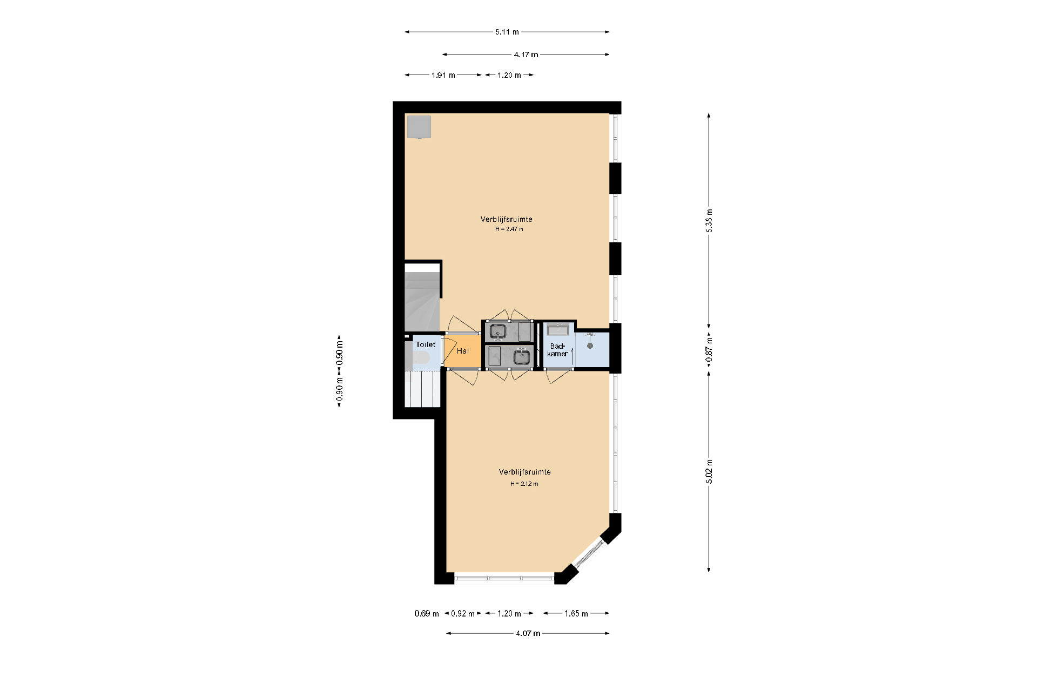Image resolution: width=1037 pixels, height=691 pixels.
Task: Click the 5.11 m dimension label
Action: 507,32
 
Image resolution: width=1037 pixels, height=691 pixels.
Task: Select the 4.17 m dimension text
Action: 526,55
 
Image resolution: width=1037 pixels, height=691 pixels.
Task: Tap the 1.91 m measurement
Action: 443,75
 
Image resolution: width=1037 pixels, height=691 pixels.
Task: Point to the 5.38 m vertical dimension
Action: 709,220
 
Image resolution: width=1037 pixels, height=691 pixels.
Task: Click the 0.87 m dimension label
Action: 709,349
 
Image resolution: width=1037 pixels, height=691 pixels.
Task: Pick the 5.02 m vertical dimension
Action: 709,471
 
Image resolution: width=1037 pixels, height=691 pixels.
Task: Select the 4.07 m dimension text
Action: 528,633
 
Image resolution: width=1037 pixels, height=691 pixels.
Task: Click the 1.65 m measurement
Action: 576,613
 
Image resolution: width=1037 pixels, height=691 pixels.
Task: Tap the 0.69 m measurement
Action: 426,613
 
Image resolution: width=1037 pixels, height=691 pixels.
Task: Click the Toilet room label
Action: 425,344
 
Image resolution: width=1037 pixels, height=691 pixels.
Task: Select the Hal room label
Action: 462,351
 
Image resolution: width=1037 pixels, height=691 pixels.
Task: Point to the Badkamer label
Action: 557,350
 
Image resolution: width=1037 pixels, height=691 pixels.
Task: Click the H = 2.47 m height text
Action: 509,229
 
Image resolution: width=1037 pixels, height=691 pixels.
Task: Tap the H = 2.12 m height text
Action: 524,484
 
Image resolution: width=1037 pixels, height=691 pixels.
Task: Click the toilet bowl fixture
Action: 421,357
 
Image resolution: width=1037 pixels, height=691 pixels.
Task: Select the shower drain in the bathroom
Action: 590,345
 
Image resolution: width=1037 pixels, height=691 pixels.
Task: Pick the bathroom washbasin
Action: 557,329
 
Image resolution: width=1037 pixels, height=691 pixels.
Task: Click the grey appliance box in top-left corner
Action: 419,127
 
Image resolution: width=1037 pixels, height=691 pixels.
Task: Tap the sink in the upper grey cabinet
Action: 498,331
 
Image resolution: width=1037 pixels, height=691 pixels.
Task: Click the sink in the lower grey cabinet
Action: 521,357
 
